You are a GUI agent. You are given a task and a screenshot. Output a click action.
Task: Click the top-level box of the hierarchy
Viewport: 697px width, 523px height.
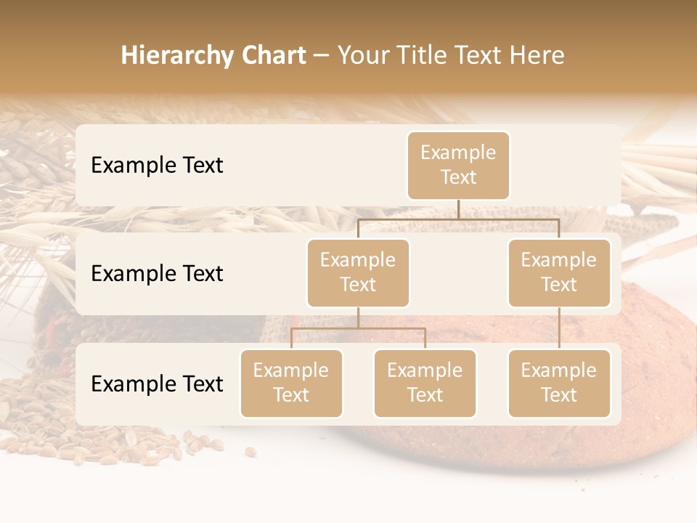coord(458,165)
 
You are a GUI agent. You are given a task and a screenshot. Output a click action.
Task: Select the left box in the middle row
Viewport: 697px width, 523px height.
coord(358,272)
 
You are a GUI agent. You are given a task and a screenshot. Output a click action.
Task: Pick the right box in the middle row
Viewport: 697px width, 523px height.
coord(559,272)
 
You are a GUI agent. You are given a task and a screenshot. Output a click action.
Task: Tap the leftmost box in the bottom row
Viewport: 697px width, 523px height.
coord(291,383)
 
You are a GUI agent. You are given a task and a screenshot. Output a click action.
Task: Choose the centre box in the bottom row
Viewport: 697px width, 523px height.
coord(425,383)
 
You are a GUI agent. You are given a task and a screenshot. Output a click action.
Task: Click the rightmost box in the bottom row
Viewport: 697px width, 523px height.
coord(559,383)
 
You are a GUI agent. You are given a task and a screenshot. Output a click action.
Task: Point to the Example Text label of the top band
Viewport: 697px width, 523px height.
coord(157,165)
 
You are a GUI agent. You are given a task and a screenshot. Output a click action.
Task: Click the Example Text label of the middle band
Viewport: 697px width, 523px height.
coord(157,273)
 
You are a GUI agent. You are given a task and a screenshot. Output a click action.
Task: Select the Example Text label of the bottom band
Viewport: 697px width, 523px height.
coord(157,384)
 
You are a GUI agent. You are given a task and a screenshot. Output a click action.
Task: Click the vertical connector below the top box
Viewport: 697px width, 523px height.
coord(458,209)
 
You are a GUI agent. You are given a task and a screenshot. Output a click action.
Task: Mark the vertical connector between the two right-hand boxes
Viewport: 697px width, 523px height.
coord(559,328)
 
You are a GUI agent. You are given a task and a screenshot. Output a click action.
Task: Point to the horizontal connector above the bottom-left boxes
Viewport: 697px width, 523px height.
coord(358,328)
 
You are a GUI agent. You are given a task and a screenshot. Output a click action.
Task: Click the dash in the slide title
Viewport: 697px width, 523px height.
coord(321,55)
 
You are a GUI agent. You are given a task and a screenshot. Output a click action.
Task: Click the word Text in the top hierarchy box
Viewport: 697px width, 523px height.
coord(458,177)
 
